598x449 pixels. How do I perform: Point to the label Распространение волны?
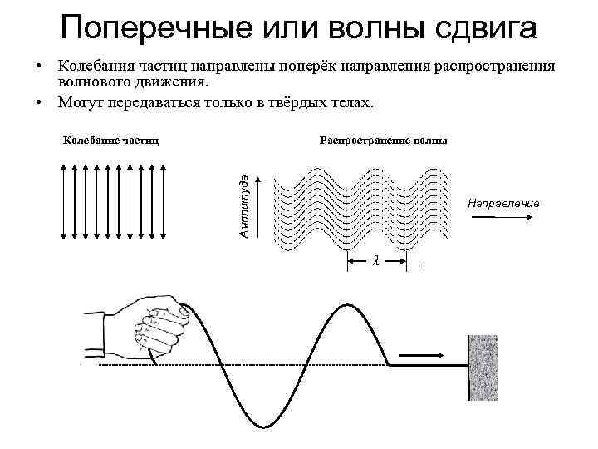click(x=383, y=140)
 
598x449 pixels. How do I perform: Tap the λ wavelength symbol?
click(x=376, y=261)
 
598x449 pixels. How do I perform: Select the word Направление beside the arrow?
click(x=503, y=203)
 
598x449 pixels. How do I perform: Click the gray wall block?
click(x=483, y=368)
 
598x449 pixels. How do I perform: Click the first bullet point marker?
click(x=38, y=65)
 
